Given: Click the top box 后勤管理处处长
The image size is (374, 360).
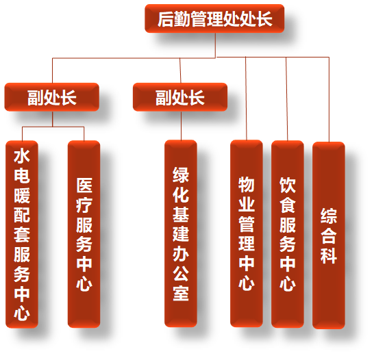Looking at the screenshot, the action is [x=214, y=18].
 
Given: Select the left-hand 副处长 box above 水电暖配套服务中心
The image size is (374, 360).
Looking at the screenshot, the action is [x=52, y=97].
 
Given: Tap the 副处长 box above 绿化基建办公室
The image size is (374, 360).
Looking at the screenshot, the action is [x=180, y=97].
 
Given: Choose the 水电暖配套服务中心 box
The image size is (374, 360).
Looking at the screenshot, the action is [x=22, y=234].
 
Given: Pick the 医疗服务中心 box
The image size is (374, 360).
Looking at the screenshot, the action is [x=84, y=234].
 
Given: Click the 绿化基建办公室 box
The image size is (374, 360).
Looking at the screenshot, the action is [x=181, y=233].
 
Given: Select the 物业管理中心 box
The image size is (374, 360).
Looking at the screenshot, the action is [x=247, y=233].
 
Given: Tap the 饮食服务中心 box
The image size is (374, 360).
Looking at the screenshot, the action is [x=288, y=234].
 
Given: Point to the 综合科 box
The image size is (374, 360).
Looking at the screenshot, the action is [x=329, y=235].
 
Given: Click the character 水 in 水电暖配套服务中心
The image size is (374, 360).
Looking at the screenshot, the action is [x=22, y=156].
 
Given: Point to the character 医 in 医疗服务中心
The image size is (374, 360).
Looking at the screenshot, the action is [x=84, y=185].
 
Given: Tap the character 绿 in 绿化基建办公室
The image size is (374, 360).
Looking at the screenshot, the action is [x=181, y=175].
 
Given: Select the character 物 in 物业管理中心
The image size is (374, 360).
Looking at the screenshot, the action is [x=247, y=184].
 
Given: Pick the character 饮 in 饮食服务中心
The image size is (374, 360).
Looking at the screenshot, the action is [x=288, y=185].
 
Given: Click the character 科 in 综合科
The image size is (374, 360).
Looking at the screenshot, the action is [x=329, y=255].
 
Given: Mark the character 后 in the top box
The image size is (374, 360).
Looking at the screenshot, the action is [x=166, y=19].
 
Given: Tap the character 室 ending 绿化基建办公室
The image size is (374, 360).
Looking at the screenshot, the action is [x=181, y=293].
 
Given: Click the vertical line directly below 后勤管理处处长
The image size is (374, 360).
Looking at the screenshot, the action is [x=216, y=45].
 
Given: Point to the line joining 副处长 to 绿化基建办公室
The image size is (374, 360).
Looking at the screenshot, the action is [x=181, y=126].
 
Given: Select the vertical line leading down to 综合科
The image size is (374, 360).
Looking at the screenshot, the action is [x=329, y=99].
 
